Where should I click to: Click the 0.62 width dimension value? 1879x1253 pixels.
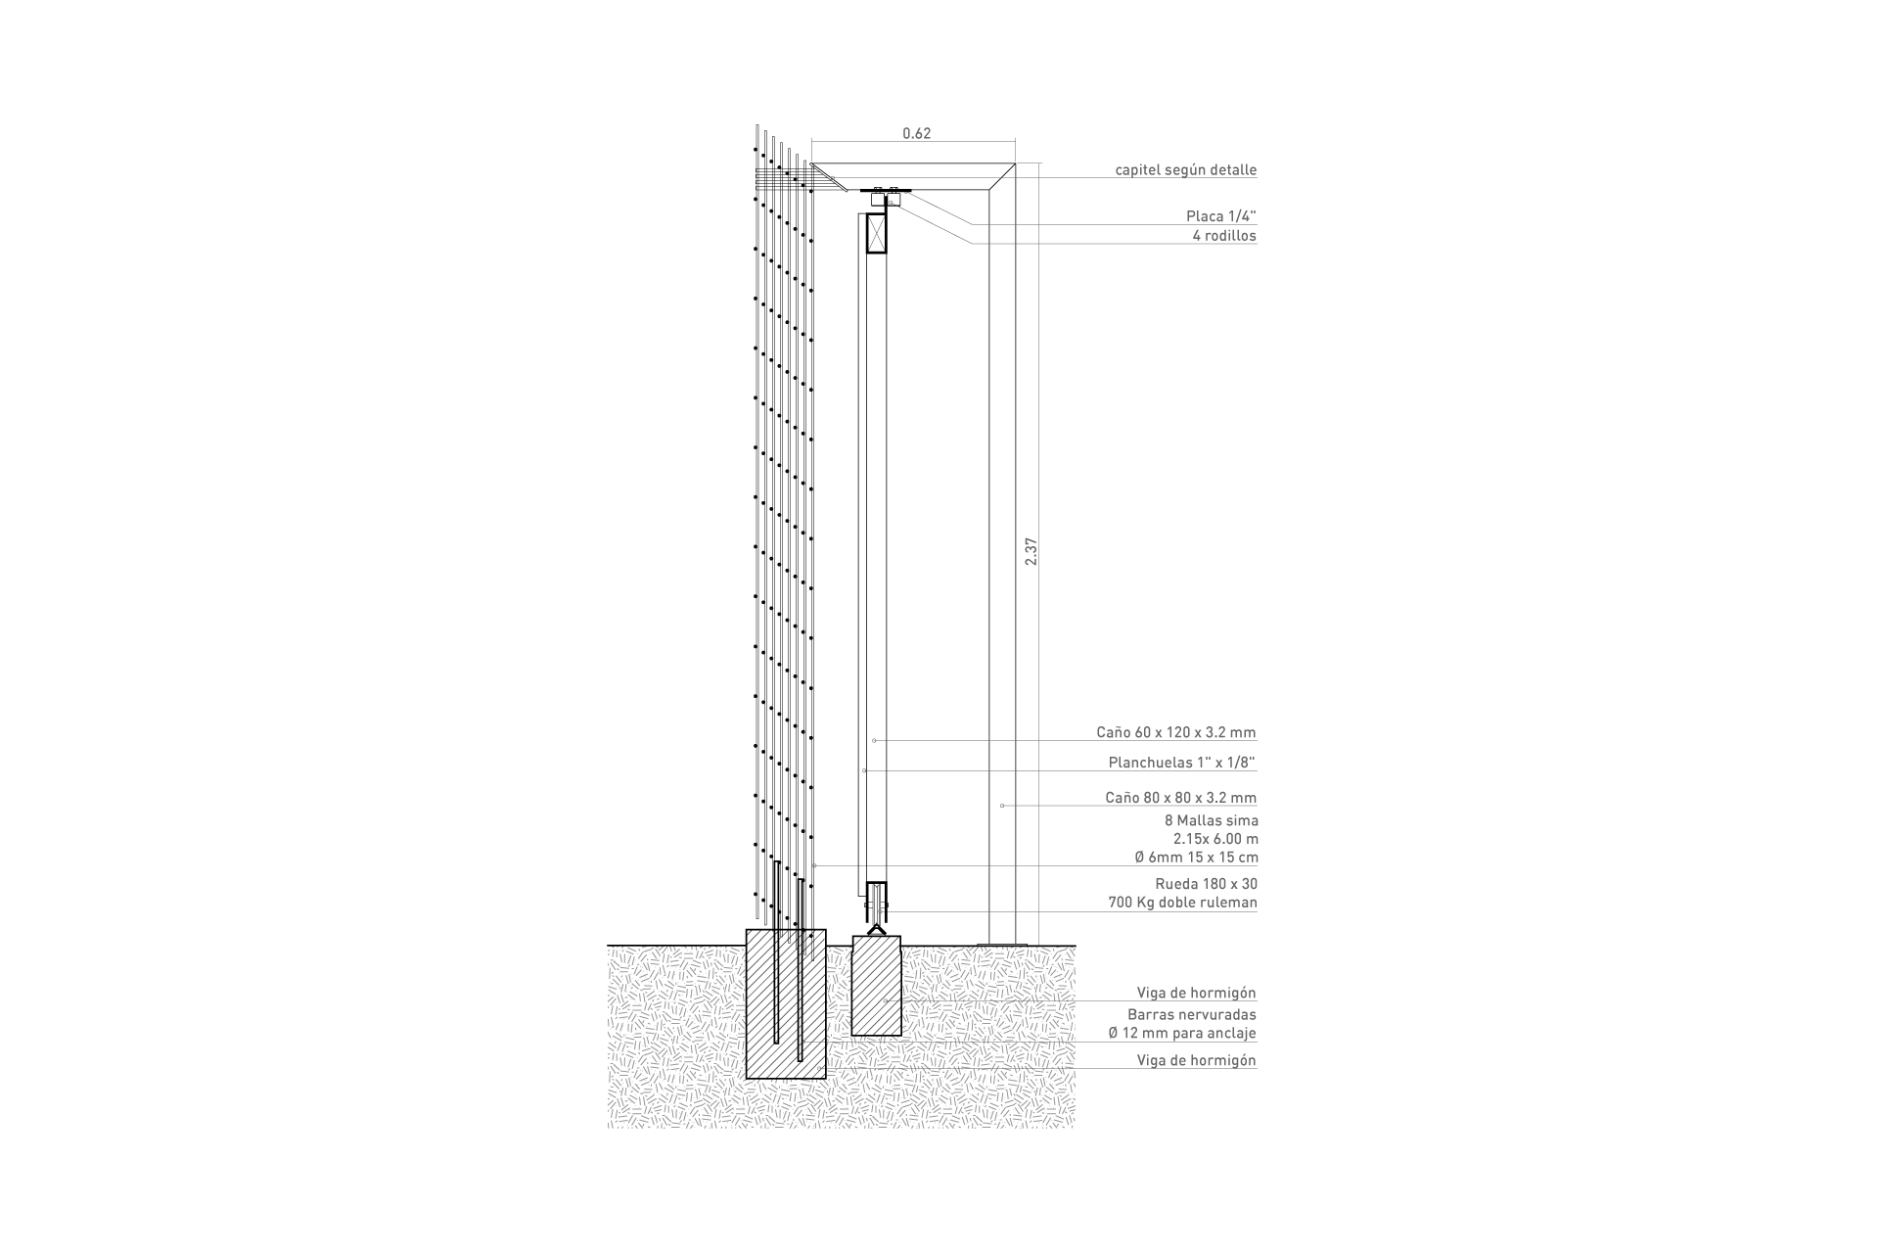click(x=916, y=134)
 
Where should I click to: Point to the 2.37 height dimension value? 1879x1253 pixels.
click(x=1030, y=552)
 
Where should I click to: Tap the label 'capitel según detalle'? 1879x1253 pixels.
click(x=1186, y=170)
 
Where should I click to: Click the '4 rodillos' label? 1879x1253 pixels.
click(x=1224, y=236)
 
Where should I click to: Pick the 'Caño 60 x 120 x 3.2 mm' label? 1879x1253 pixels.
click(x=1176, y=732)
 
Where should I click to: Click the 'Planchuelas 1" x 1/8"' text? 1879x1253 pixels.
click(x=1182, y=763)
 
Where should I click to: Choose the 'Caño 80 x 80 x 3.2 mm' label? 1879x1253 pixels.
click(x=1181, y=798)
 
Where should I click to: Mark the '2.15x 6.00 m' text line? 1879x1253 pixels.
click(x=1215, y=839)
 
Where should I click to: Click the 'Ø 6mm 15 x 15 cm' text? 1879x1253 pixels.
click(x=1197, y=858)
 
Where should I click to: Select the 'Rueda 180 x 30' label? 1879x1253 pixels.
click(x=1207, y=884)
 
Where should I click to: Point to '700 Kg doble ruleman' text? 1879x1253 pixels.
click(x=1183, y=903)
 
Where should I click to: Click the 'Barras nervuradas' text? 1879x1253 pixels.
click(x=1192, y=1015)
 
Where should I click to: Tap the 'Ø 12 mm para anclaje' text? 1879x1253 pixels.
click(x=1181, y=1034)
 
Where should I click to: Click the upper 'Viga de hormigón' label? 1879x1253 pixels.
click(x=1196, y=994)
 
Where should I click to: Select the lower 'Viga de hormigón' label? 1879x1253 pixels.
click(x=1196, y=1060)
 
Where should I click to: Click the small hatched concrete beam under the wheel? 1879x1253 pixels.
click(x=876, y=986)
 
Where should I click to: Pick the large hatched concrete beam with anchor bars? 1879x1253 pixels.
click(x=786, y=1003)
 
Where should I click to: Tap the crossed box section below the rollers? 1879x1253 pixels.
click(x=877, y=233)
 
